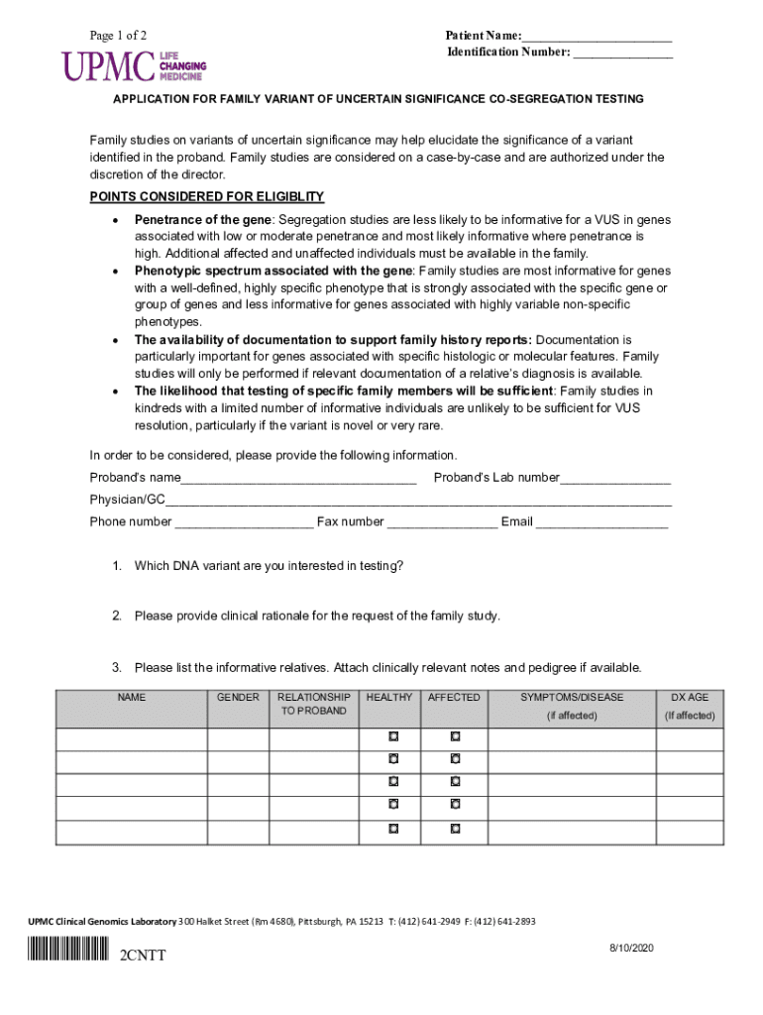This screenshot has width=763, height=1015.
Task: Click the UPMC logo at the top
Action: (135, 65)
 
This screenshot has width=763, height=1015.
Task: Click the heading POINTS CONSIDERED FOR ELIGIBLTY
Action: (207, 196)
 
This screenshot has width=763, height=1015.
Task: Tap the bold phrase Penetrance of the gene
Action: (203, 219)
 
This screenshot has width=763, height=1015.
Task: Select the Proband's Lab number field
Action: (615, 478)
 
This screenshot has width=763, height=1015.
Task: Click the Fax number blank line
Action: (442, 521)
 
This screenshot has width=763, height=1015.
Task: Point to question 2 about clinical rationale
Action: (317, 616)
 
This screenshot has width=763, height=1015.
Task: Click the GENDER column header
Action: (238, 698)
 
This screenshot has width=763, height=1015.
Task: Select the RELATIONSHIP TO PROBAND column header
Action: (313, 704)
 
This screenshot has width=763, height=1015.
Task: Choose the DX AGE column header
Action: (690, 698)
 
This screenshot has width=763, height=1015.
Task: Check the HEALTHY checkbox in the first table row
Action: (392, 737)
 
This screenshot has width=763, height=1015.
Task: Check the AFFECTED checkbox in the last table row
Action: (455, 828)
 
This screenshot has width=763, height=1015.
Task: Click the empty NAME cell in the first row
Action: (131, 739)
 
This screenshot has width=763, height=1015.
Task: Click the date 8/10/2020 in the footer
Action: (632, 949)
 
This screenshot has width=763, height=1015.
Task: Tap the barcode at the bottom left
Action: (68, 955)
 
